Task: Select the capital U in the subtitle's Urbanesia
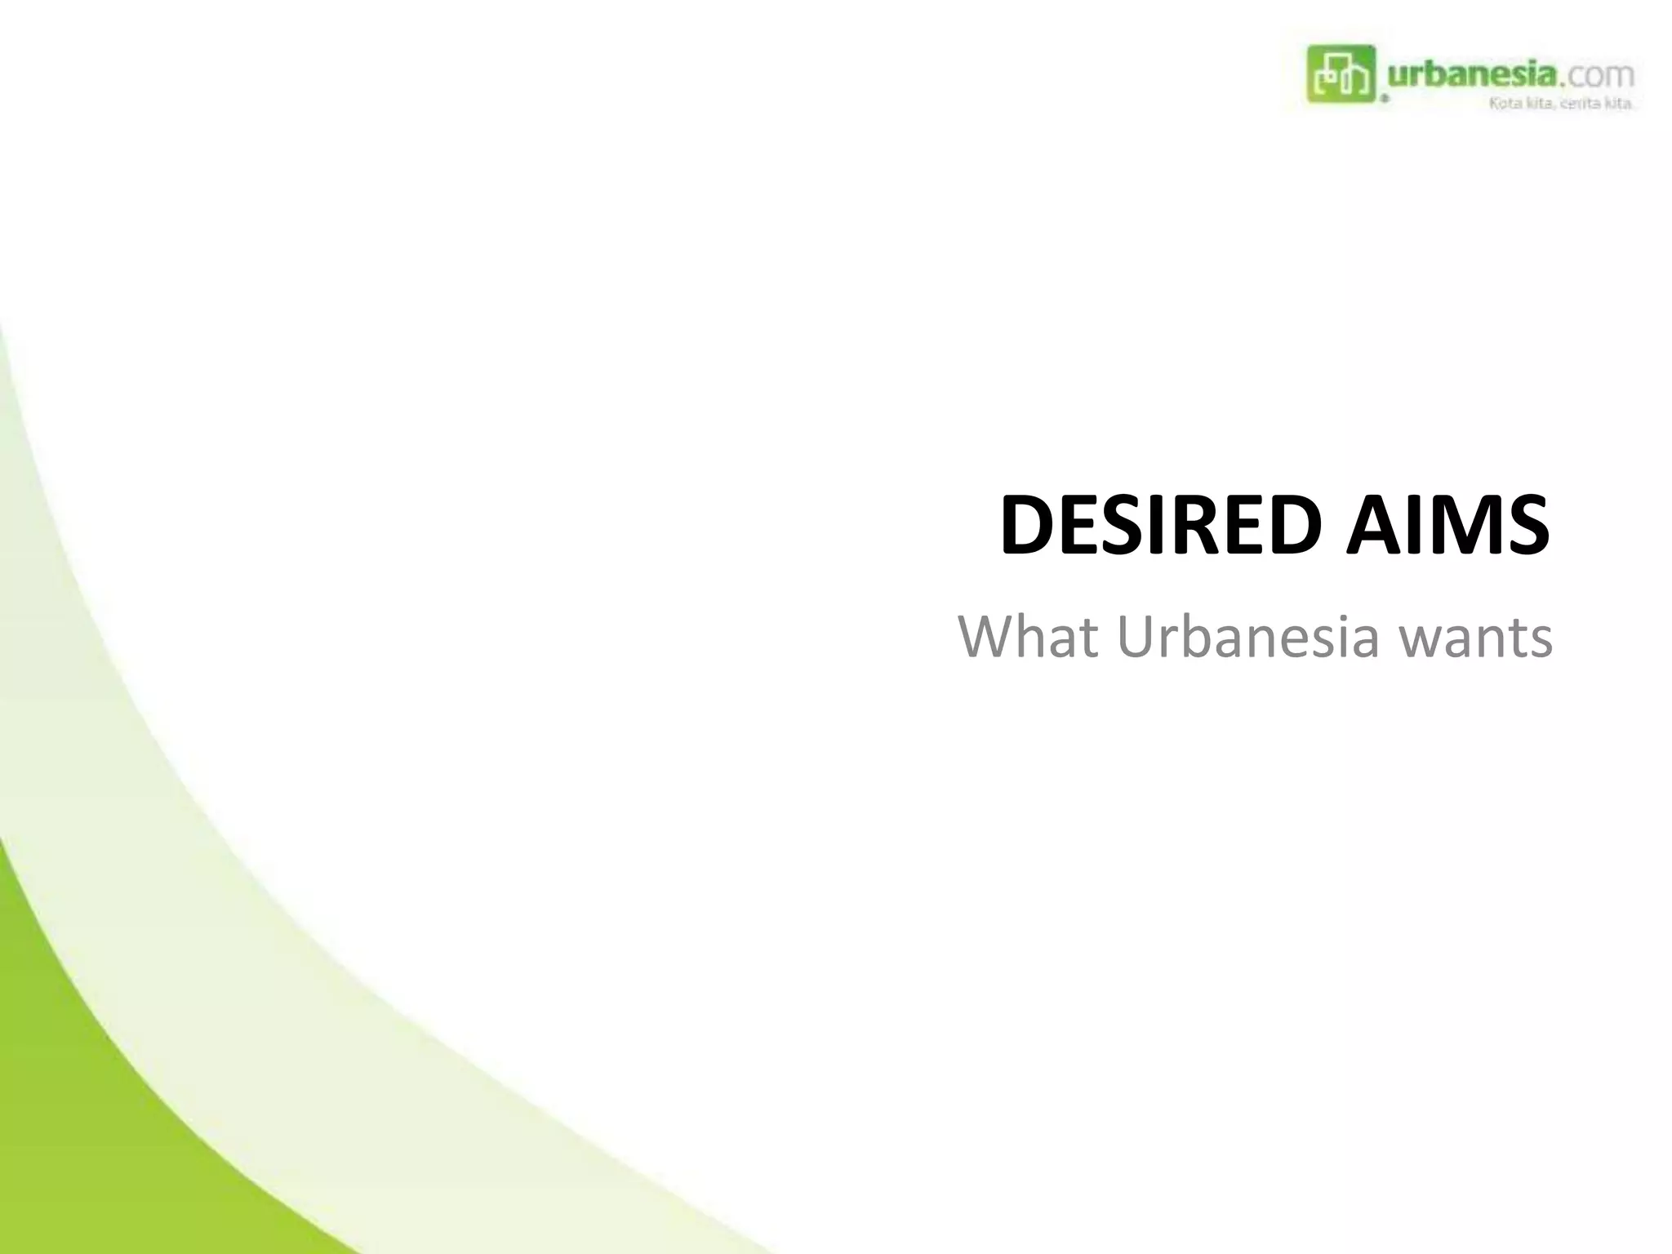[1136, 638]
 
